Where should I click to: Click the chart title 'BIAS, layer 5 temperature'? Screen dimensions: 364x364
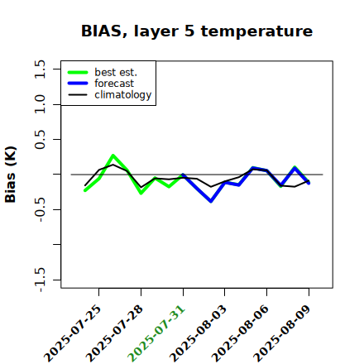click(197, 31)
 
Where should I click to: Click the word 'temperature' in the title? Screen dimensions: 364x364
click(256, 31)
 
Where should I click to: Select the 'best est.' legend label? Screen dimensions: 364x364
click(116, 72)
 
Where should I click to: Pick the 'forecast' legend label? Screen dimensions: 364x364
click(114, 84)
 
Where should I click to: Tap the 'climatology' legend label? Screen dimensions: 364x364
click(123, 95)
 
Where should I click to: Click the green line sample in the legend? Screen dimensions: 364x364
click(78, 72)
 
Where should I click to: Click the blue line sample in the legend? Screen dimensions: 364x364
click(78, 84)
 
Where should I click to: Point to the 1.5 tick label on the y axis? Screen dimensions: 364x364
click(40, 69)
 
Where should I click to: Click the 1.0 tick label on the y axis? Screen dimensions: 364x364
click(40, 104)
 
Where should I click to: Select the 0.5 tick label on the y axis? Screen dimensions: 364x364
click(40, 140)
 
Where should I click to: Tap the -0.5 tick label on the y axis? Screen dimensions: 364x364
click(40, 210)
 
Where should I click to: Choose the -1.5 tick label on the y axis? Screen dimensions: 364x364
click(40, 280)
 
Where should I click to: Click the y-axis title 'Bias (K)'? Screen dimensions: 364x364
click(11, 175)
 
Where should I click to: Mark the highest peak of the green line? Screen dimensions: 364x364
click(113, 156)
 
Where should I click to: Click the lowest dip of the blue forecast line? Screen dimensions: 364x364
click(211, 201)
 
